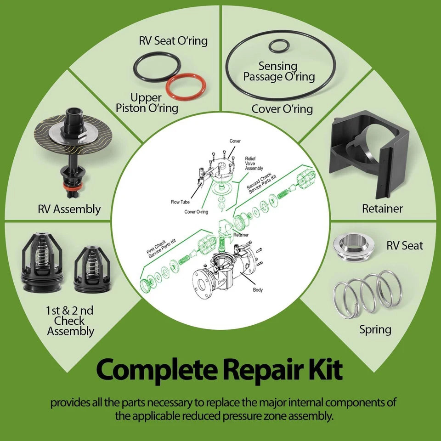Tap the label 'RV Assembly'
coord(69,209)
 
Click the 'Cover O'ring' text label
coord(282,109)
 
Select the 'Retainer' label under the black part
coord(382,208)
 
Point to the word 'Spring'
coord(375,329)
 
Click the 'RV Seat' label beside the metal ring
coord(405,245)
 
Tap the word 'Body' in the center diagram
coord(258,290)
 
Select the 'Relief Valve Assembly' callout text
coord(254,163)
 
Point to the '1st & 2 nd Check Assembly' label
coord(70,320)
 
